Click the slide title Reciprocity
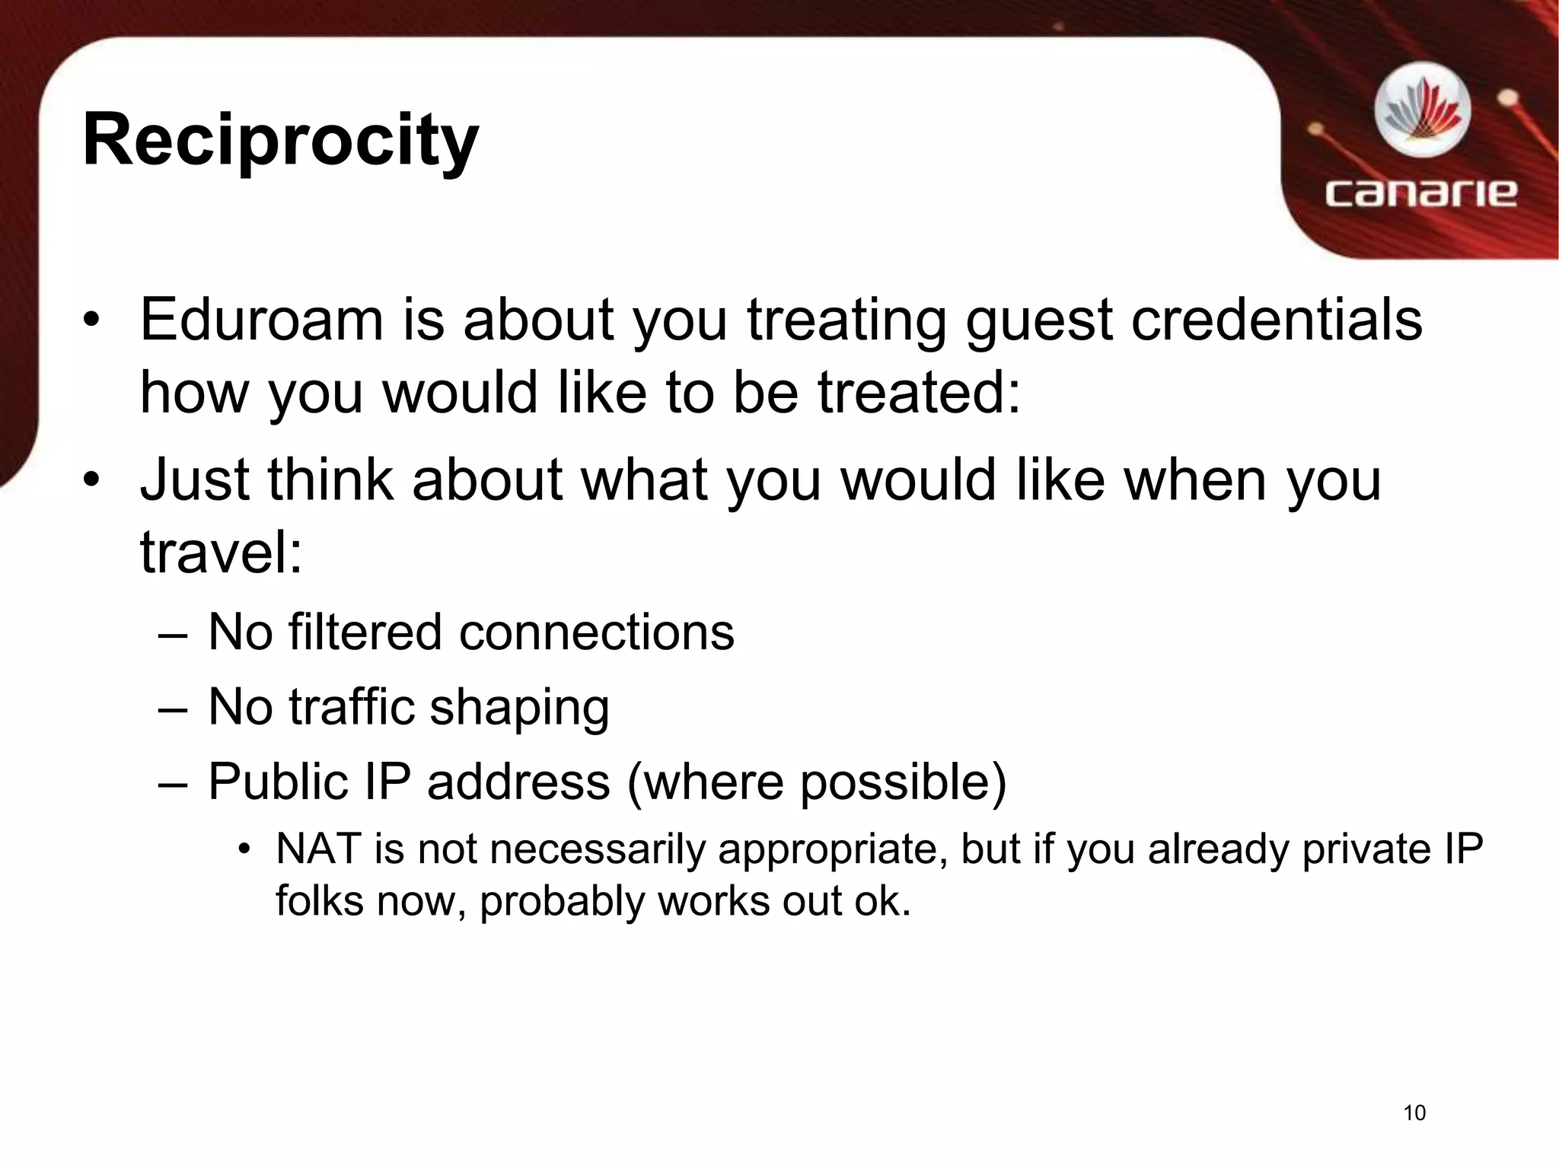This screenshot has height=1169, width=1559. click(x=280, y=141)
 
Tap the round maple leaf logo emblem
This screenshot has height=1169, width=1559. click(x=1422, y=113)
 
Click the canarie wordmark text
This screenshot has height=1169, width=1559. click(x=1420, y=193)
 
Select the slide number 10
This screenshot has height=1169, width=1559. click(x=1414, y=1113)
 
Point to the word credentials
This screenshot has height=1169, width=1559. click(x=1277, y=320)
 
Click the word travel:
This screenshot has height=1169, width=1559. click(x=222, y=553)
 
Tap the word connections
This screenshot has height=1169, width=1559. click(x=596, y=633)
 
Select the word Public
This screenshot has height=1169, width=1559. click(x=276, y=782)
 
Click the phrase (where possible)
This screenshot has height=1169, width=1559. click(x=816, y=782)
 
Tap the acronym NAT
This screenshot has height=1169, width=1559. click(x=318, y=849)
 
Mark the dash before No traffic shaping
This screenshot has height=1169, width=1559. click(x=173, y=708)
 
